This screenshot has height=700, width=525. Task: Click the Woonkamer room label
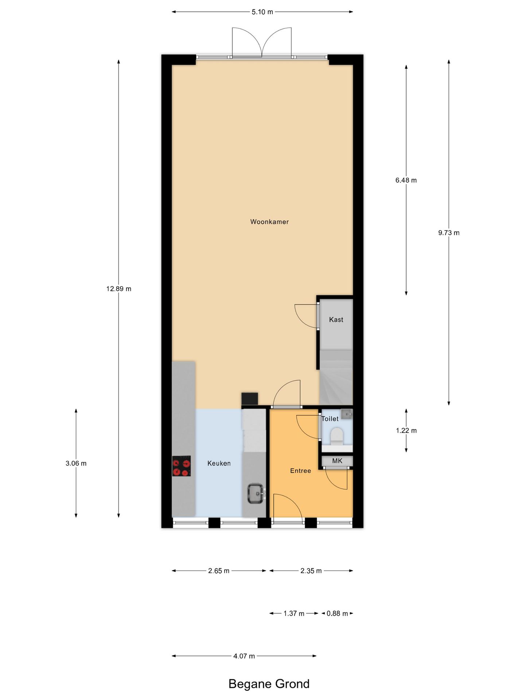[269, 222]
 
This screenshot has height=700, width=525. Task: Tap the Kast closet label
[336, 320]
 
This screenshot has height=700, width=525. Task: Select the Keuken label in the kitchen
[219, 463]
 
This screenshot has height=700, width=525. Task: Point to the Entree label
[300, 471]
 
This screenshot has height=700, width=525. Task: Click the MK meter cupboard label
[337, 461]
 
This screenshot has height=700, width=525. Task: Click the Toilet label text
[330, 419]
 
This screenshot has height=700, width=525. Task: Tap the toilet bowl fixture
[336, 436]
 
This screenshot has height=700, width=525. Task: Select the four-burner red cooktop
[182, 466]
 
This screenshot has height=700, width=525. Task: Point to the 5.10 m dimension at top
[262, 12]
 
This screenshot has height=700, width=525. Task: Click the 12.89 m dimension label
[119, 289]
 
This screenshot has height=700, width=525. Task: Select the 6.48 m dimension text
[406, 180]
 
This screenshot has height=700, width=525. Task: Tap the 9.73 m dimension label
[449, 233]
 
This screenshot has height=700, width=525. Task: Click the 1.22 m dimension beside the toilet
[406, 431]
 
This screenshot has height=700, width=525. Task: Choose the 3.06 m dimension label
[76, 463]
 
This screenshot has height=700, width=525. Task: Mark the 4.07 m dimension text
[244, 656]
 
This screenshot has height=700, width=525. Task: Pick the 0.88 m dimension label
[337, 613]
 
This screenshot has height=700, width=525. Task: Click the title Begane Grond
[269, 684]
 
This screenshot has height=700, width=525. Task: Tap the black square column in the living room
[250, 398]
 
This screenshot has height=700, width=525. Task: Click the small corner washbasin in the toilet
[347, 414]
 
